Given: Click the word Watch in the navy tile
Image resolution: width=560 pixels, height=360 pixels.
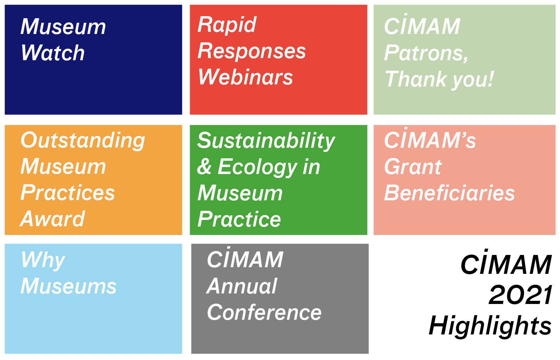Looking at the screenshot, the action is [x=53, y=53].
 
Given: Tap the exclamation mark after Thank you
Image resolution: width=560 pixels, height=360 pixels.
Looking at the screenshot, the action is [x=490, y=78].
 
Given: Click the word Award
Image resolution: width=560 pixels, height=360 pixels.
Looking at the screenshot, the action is [x=52, y=219].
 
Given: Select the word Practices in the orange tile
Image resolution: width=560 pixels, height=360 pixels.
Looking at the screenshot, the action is [x=68, y=192].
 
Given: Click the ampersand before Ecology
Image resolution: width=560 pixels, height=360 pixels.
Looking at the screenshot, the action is [x=204, y=166].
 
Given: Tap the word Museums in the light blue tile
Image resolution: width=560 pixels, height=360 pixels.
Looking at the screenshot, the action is [x=69, y=286].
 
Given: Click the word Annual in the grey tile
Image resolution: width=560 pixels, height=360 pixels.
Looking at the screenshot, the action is [x=242, y=286].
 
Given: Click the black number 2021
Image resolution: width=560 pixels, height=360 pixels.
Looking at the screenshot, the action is [x=520, y=295].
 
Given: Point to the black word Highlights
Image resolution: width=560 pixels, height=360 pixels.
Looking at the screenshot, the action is [x=490, y=325].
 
